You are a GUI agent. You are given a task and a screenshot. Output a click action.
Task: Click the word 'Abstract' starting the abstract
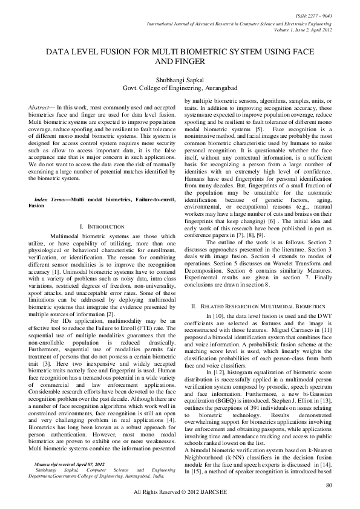[x=39, y=106]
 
